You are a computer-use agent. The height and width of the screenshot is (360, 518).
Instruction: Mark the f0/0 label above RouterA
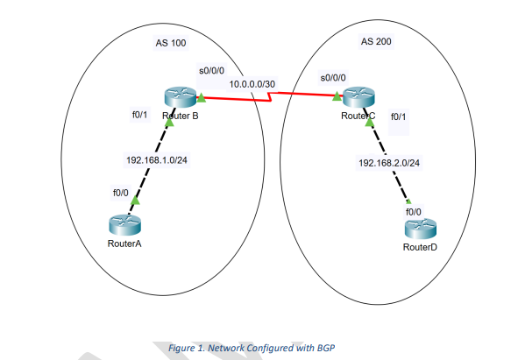[120, 192]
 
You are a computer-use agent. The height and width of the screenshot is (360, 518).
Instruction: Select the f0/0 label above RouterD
[413, 212]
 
